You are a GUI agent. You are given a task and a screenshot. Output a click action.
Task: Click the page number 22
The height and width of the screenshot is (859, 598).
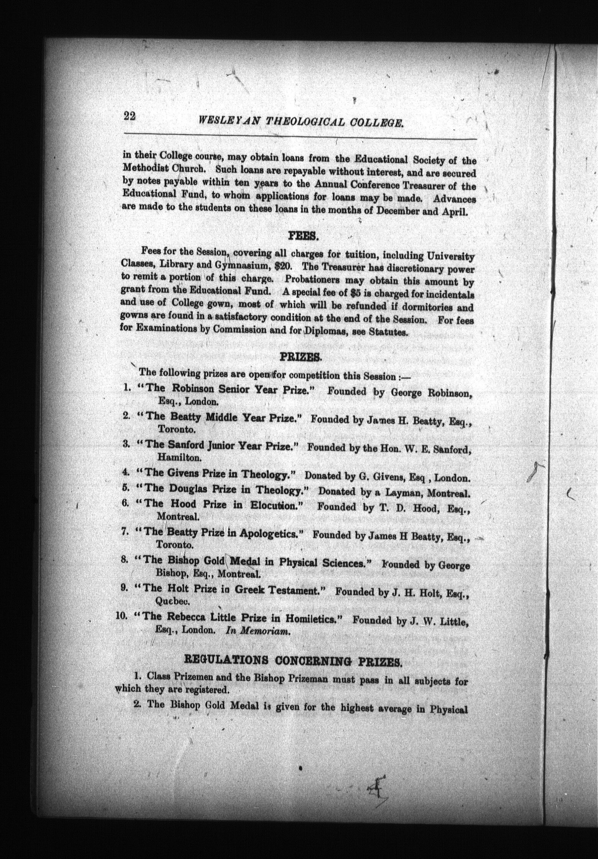(130, 116)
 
